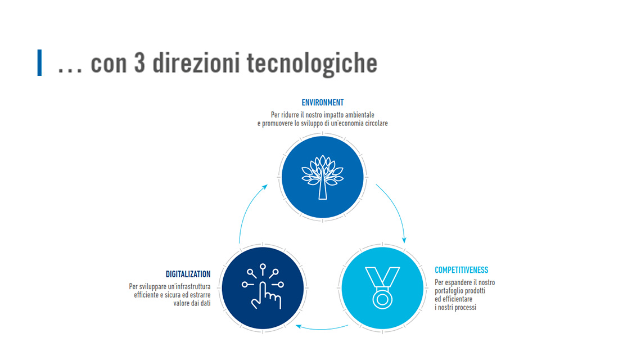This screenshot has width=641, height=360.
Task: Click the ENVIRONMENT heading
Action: (x=323, y=103)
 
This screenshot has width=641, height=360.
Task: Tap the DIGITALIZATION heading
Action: (x=188, y=274)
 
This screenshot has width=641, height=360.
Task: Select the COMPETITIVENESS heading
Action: (x=461, y=270)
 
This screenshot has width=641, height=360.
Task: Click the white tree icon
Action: (x=323, y=177)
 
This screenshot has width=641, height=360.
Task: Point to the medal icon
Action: (x=382, y=287)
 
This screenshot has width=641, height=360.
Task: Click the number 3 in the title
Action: (x=139, y=63)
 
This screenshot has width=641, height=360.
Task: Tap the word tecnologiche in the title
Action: (x=312, y=64)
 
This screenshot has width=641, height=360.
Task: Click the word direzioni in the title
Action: (x=196, y=63)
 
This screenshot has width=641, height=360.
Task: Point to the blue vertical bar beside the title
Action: (x=39, y=62)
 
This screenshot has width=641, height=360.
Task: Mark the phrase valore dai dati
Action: (x=192, y=303)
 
